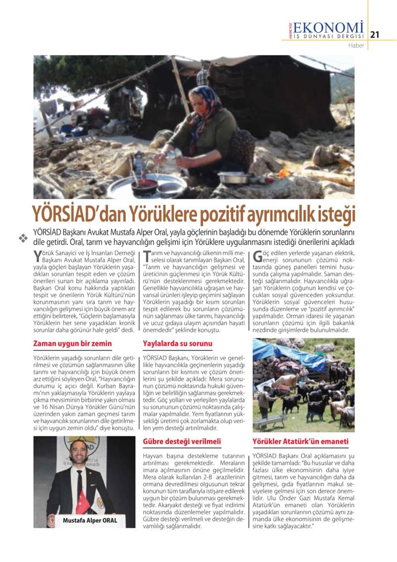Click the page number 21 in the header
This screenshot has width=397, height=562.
pos(375,34)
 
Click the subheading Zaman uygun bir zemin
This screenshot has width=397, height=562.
pos(72,343)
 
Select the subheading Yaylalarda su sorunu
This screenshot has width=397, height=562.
pos(178,343)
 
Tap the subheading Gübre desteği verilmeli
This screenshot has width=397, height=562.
pos(182,441)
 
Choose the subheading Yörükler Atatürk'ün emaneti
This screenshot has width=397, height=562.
pos(300,441)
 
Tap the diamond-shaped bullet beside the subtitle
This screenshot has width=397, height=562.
pos(22,238)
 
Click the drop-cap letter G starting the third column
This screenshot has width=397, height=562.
pos(259,258)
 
